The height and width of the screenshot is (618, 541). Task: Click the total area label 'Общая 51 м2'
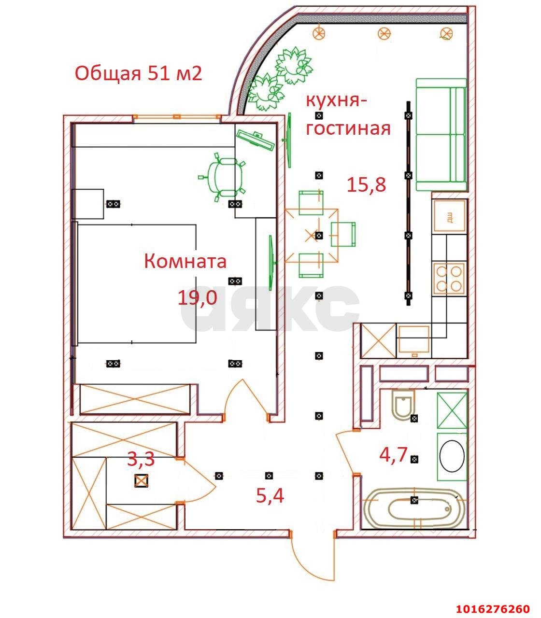pos(138,73)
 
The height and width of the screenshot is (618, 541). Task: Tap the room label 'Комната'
pos(185,261)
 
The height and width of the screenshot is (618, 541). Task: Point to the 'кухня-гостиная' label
pos(347,115)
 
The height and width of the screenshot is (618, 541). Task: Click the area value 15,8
pos(367,185)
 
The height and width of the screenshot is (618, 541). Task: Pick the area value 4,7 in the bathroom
pos(393,455)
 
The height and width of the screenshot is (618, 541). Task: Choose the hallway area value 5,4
pos(270,495)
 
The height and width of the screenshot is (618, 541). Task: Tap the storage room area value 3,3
pos(141,459)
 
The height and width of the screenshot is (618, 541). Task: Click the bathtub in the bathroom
pos(414,509)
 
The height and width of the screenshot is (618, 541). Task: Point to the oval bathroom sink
pos(452,457)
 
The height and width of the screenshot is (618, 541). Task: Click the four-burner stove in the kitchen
pos(449,278)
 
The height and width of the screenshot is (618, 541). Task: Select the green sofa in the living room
pos(441,135)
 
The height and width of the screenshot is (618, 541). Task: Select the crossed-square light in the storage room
pos(141,481)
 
